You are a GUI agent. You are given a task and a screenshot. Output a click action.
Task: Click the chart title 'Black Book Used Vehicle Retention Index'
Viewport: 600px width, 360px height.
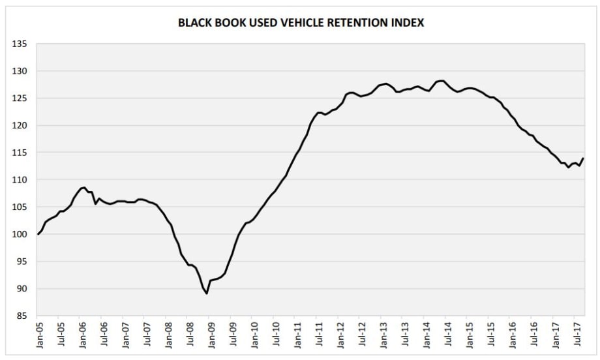301,23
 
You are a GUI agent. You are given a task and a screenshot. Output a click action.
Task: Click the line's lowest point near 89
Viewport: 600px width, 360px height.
207,293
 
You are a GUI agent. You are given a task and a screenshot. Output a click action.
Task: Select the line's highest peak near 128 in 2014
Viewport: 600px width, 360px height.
443,81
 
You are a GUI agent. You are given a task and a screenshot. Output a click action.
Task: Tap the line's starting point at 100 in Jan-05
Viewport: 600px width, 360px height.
38,234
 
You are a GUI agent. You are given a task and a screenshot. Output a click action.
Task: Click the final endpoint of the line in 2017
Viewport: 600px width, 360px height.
583,158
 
